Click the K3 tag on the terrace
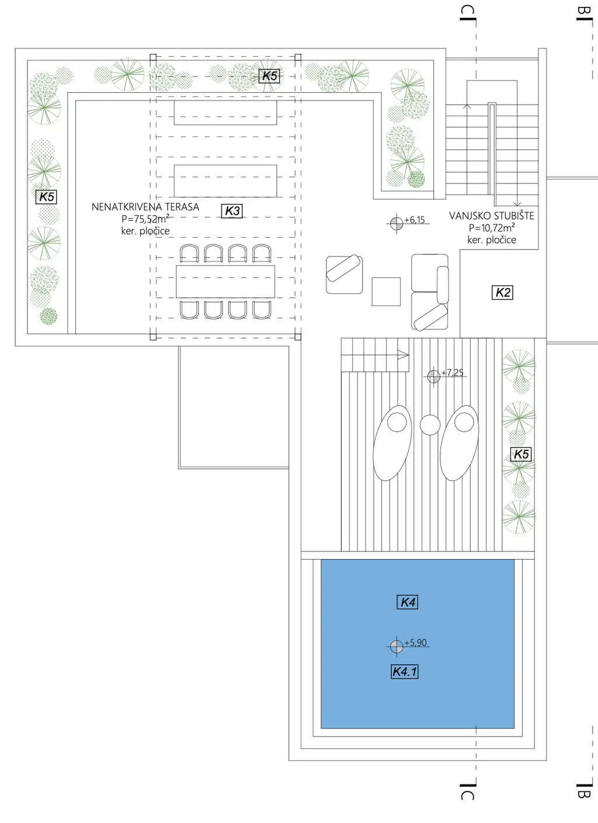click(232, 211)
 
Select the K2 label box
click(503, 293)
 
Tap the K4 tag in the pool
click(408, 602)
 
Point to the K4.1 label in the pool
click(405, 672)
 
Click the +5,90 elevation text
click(416, 643)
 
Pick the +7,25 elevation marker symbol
click(433, 377)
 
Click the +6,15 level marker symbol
click(396, 223)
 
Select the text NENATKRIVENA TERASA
click(145, 207)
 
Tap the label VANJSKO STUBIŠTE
click(492, 216)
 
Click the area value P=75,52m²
click(145, 219)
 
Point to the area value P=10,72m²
click(492, 228)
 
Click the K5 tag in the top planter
click(270, 76)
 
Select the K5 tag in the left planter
click(47, 197)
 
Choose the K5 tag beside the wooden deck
click(521, 454)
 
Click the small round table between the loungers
click(430, 425)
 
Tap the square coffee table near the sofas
click(386, 291)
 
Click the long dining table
click(225, 282)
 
